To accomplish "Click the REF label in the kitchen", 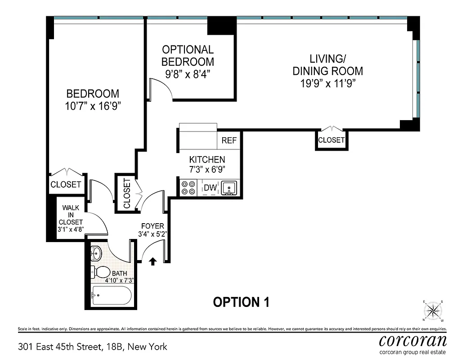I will click(x=229, y=140).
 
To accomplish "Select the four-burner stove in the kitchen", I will click(x=188, y=188).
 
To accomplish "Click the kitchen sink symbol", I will click(x=230, y=188).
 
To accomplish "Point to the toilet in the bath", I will click(x=101, y=272).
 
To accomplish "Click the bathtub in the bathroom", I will click(x=111, y=296).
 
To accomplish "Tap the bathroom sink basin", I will click(x=96, y=254).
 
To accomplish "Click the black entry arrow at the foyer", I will click(x=152, y=261).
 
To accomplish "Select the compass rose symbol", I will click(x=433, y=310).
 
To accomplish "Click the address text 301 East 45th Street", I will click(x=92, y=347).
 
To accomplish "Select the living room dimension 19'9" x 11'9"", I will click(x=327, y=83).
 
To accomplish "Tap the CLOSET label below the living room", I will click(x=331, y=140).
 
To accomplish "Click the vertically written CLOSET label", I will click(x=126, y=193).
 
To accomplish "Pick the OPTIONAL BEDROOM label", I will click(x=188, y=55).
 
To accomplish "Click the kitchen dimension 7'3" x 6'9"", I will click(x=207, y=169).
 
